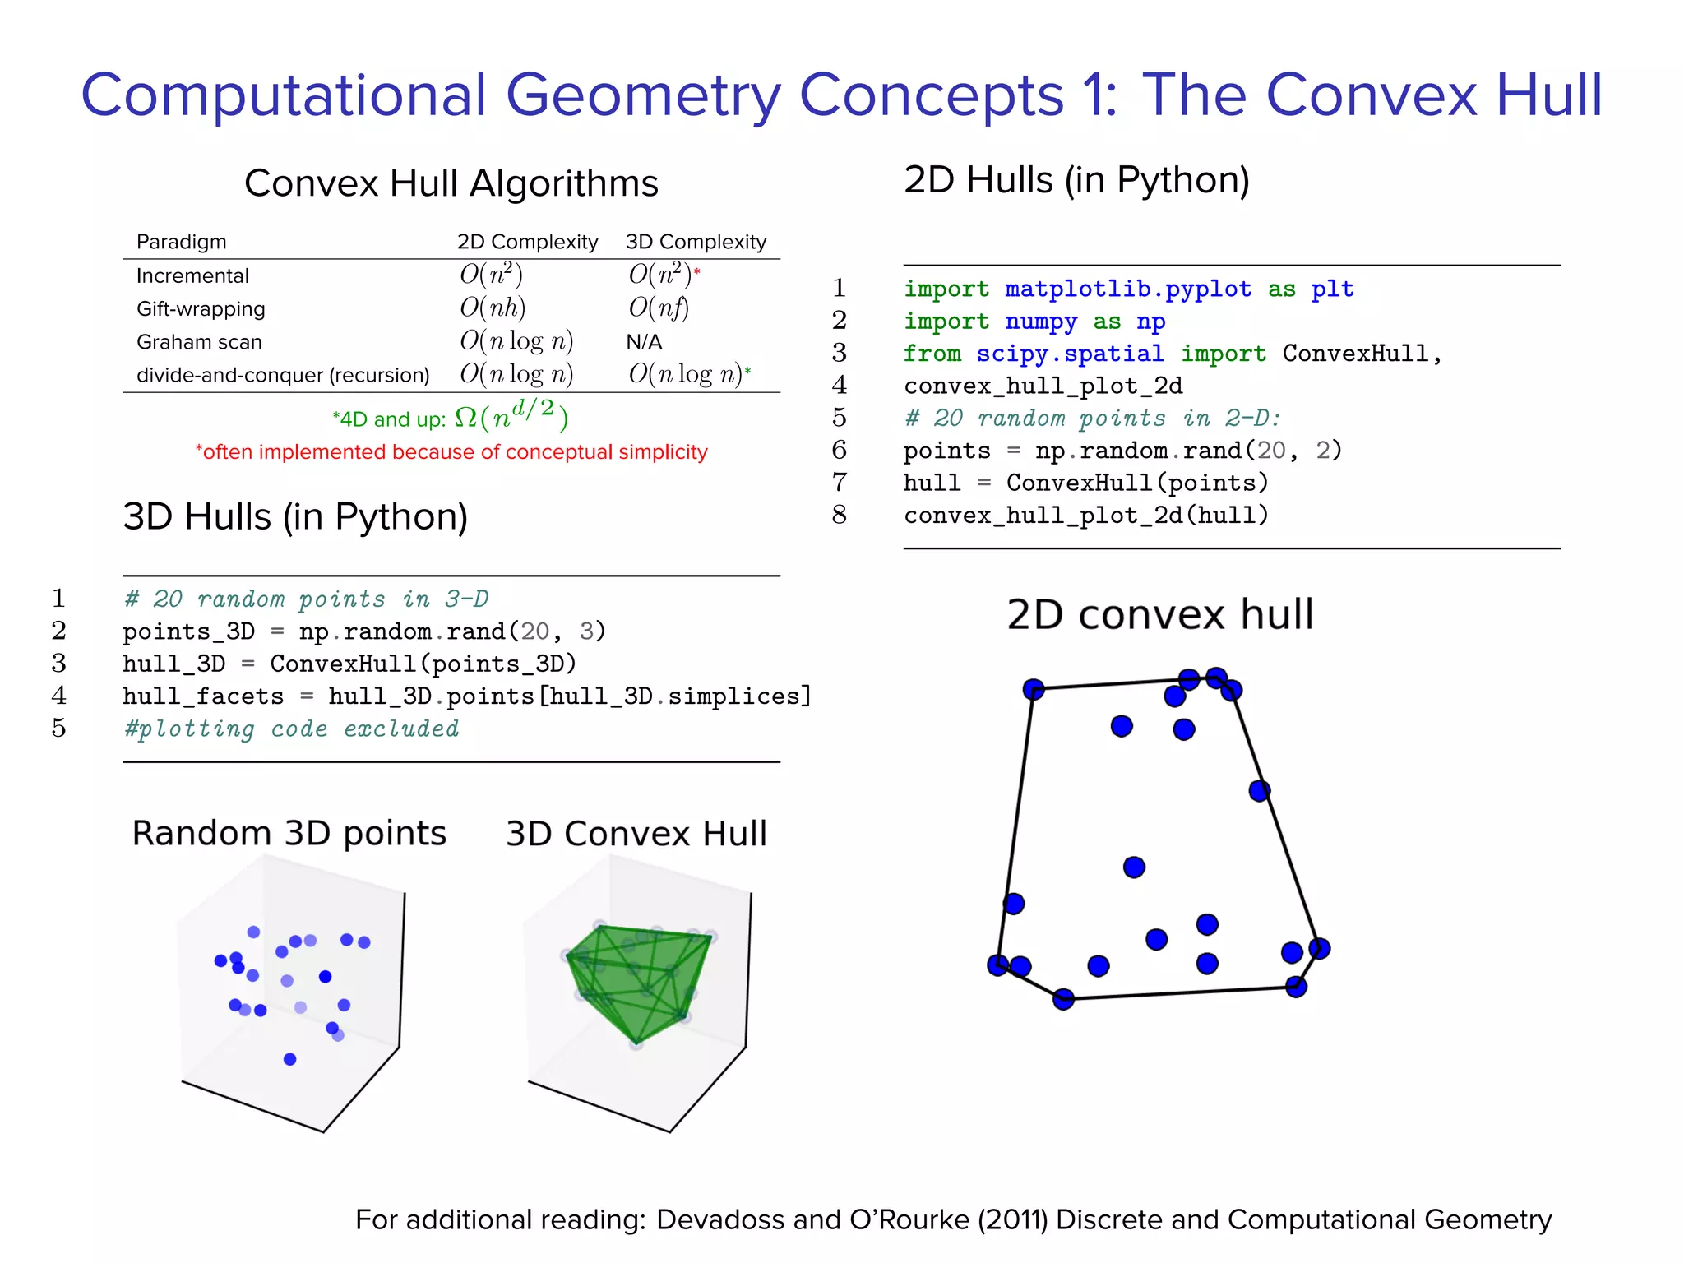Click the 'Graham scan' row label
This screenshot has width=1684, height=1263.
pos(199,342)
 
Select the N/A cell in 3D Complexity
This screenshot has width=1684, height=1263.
pos(644,342)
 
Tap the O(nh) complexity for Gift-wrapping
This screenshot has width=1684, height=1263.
pos(493,308)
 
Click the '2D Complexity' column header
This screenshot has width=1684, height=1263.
pos(527,242)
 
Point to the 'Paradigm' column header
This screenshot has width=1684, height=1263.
pos(181,242)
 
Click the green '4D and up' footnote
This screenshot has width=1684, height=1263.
pos(450,418)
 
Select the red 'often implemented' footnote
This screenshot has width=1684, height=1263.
pos(451,452)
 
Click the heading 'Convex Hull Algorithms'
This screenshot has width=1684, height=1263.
pos(451,183)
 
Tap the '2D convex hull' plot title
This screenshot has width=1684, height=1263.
pos(1159,614)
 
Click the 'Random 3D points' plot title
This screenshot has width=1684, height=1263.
pos(289,833)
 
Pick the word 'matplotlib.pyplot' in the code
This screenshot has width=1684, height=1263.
pos(1127,289)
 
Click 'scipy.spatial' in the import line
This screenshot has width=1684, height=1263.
pos(1070,354)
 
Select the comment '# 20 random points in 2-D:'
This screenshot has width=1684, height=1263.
pos(1092,419)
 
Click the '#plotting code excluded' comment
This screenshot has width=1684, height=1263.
pos(291,729)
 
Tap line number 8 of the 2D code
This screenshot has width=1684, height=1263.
pos(839,516)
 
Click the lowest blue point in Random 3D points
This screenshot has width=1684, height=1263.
pos(289,1059)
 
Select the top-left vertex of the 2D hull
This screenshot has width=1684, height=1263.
pos(1034,689)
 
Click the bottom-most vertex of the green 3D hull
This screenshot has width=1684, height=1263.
pos(636,1043)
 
